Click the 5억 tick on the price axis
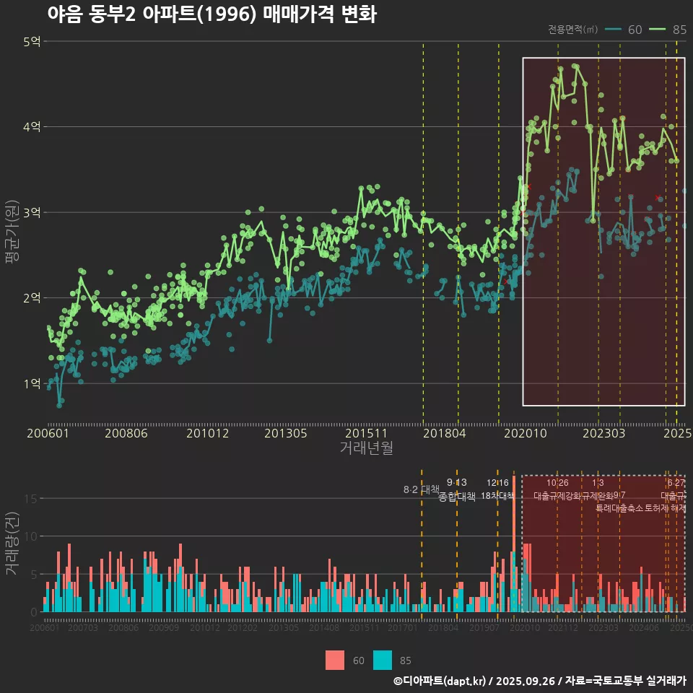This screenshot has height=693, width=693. point(32,42)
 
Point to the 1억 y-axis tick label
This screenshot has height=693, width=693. point(32,383)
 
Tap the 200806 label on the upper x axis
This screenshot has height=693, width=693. point(126,434)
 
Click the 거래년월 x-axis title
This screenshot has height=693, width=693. point(366,448)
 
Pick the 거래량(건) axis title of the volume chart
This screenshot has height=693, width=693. point(12,544)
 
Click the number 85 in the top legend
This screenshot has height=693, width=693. point(679,30)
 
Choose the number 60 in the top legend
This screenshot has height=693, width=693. point(635,30)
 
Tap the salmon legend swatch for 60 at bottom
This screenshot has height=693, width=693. point(335,660)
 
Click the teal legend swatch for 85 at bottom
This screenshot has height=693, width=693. point(383,660)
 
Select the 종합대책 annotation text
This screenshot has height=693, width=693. point(457,497)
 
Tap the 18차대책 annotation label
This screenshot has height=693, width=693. point(497,496)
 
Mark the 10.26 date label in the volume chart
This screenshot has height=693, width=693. point(557,483)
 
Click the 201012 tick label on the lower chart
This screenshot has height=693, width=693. point(205,628)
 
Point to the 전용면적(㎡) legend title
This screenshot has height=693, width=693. point(572,30)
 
